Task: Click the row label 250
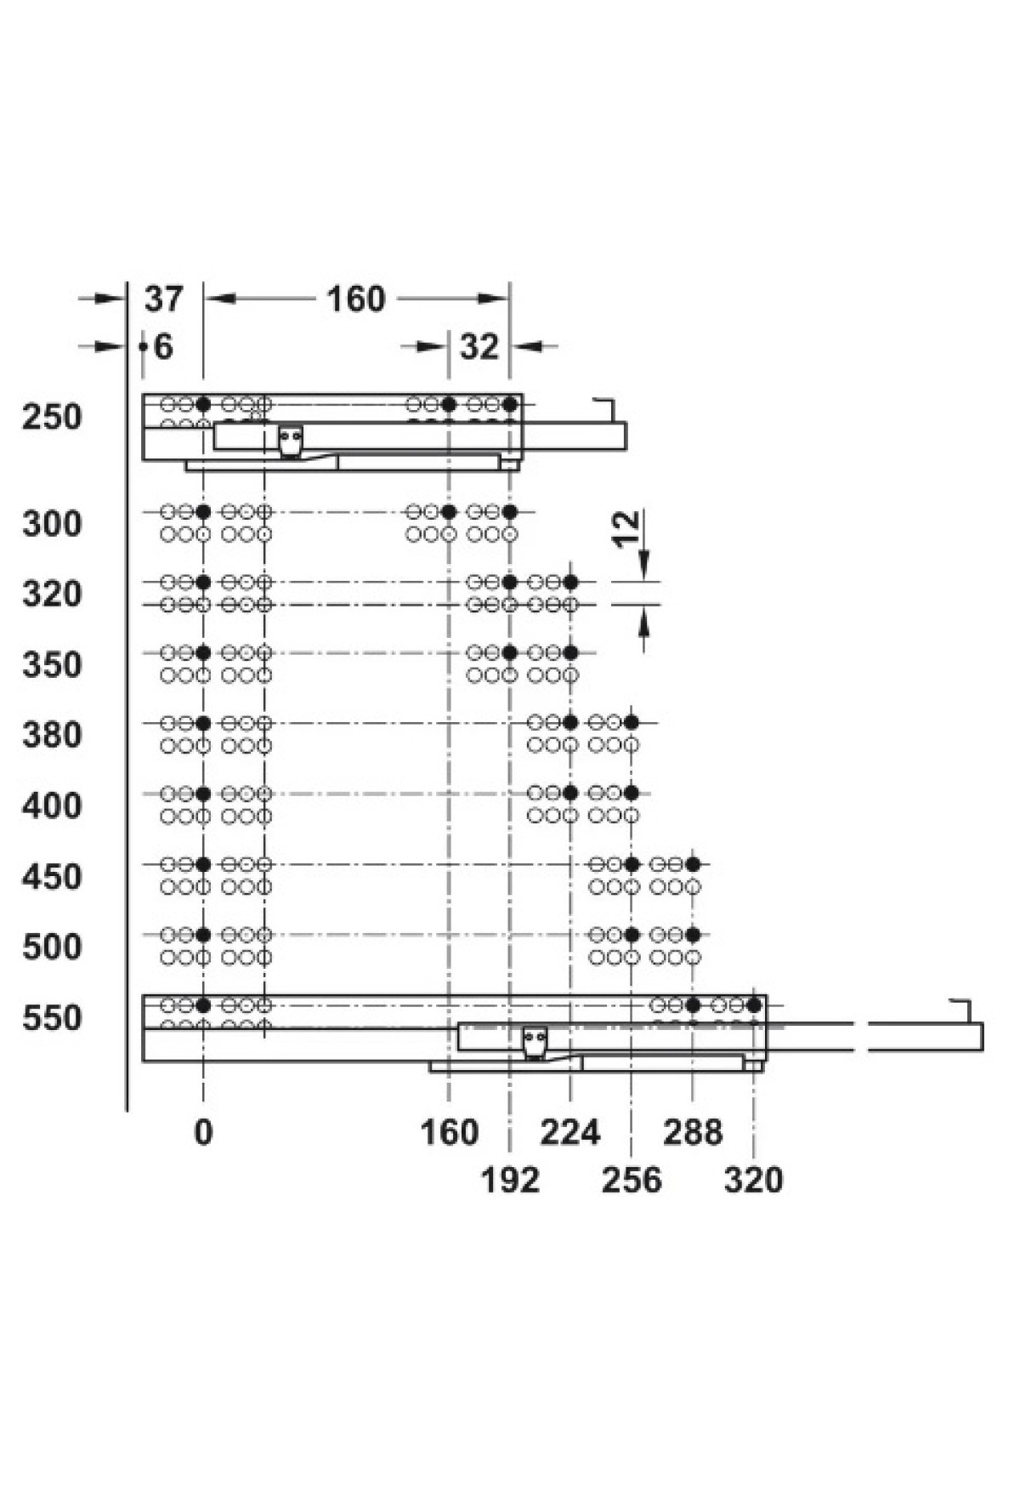pyautogui.click(x=53, y=417)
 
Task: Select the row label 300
pyautogui.click(x=53, y=523)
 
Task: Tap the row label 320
pyautogui.click(x=53, y=594)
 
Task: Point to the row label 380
pyautogui.click(x=53, y=734)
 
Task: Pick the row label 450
pyautogui.click(x=53, y=876)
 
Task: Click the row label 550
pyautogui.click(x=53, y=1017)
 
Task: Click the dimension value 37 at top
pyautogui.click(x=163, y=299)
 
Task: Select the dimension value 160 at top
pyautogui.click(x=356, y=299)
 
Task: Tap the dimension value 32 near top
pyautogui.click(x=479, y=346)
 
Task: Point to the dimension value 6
pyautogui.click(x=163, y=346)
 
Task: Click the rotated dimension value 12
pyautogui.click(x=625, y=529)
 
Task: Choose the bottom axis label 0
pyautogui.click(x=203, y=1132)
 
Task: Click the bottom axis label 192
pyautogui.click(x=510, y=1180)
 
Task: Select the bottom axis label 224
pyautogui.click(x=570, y=1132)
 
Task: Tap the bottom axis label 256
pyautogui.click(x=632, y=1180)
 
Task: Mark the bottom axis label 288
pyautogui.click(x=694, y=1132)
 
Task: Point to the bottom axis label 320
pyautogui.click(x=754, y=1180)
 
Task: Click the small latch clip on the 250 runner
pyautogui.click(x=291, y=441)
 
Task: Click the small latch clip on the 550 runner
pyautogui.click(x=535, y=1043)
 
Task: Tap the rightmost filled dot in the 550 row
pyautogui.click(x=754, y=1005)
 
